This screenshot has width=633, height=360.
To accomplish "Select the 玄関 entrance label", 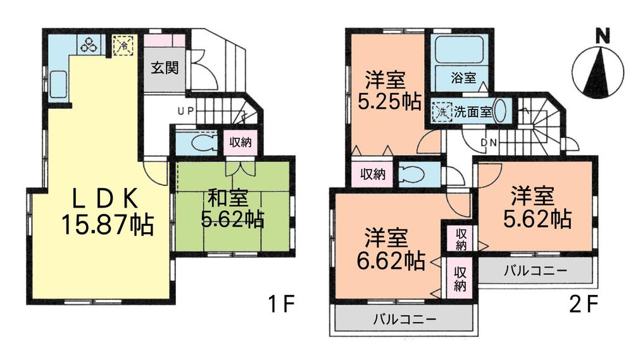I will coord(164,68).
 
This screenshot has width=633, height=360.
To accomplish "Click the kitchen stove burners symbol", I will coord(88,45).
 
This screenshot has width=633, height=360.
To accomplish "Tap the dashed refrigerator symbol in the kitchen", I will coord(123,46).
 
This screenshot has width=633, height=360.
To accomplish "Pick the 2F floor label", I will coord(583,305).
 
